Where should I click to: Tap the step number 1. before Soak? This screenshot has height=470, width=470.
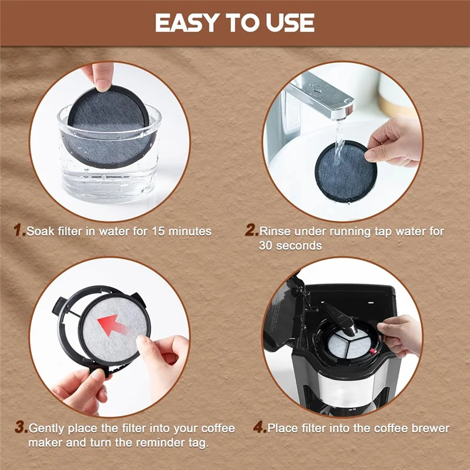tap(20, 231)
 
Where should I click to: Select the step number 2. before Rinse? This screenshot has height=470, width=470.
tap(251, 231)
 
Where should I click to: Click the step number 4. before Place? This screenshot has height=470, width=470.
tap(260, 427)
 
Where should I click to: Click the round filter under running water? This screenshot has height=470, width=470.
tap(343, 171)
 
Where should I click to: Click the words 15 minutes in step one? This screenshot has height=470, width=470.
tap(186, 231)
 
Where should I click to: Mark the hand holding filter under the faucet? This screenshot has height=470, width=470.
tap(394, 141)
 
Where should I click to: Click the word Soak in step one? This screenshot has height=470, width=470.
tap(40, 231)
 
